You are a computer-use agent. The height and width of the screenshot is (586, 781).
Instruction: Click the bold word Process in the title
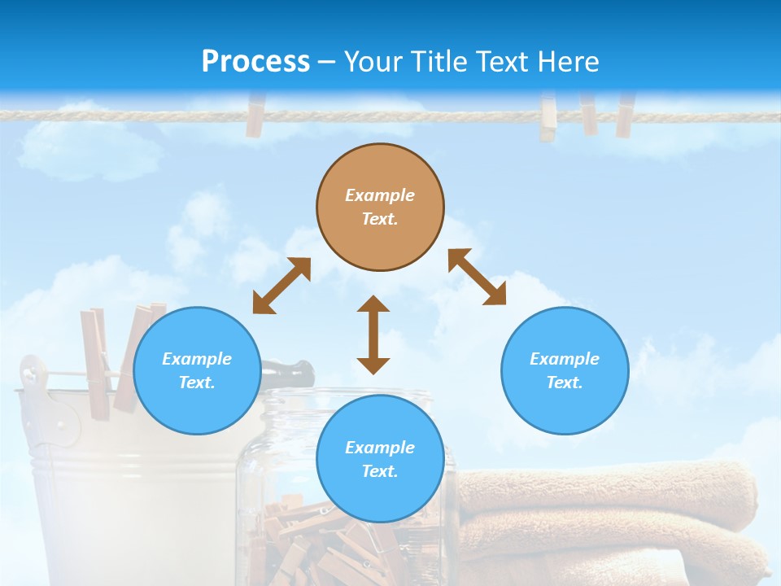tap(255, 62)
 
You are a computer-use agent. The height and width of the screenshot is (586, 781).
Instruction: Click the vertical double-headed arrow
tap(373, 335)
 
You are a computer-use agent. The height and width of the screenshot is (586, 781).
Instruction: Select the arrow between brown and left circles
tap(281, 286)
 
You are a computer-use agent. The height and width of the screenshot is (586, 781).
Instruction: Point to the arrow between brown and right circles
tap(477, 277)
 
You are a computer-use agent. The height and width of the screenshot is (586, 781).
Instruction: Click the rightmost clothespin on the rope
tap(624, 115)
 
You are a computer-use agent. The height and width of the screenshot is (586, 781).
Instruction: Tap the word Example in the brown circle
tap(380, 195)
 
